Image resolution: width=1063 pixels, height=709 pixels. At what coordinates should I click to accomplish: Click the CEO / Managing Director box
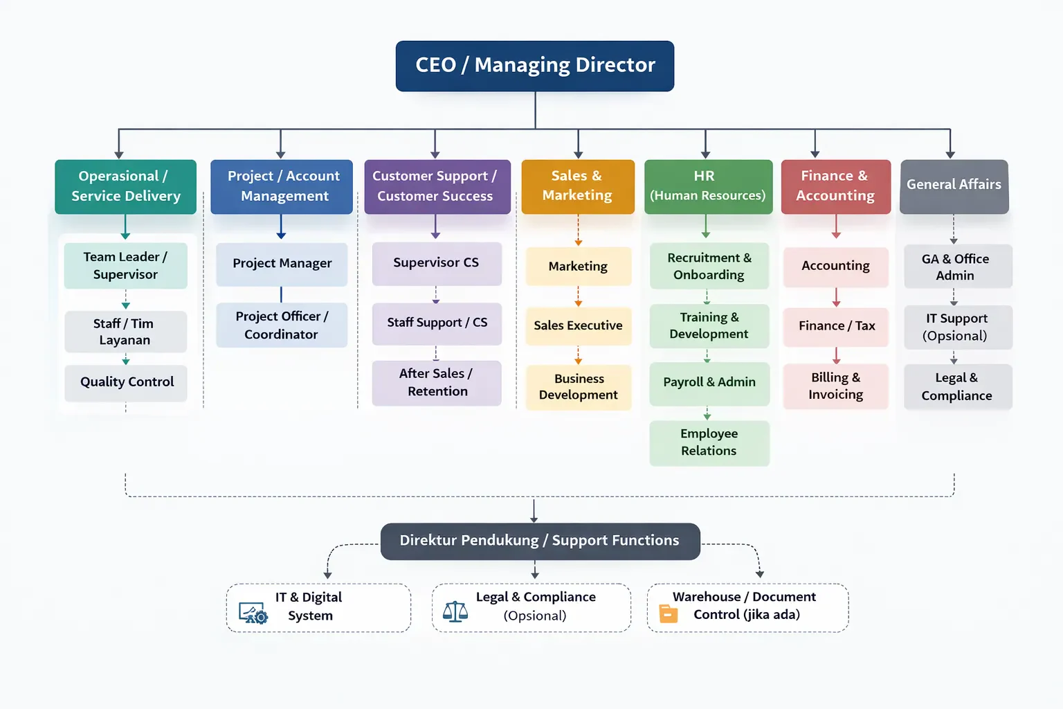tap(535, 66)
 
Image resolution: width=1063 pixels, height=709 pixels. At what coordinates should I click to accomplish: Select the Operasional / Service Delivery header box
tap(126, 187)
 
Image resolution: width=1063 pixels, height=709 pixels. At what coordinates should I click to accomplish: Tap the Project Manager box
tap(282, 264)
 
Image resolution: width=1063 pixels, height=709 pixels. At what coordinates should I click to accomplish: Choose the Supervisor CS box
tap(437, 264)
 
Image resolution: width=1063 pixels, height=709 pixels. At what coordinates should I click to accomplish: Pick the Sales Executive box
tap(579, 326)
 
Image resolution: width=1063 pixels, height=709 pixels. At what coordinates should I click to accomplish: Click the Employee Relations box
tap(709, 442)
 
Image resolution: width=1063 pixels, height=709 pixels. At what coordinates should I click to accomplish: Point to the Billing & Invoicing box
tap(836, 386)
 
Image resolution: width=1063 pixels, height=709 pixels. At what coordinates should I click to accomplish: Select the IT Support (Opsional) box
tap(958, 327)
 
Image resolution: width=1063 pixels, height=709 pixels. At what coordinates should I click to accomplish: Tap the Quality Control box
tap(126, 383)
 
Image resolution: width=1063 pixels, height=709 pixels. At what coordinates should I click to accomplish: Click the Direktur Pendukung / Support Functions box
tap(540, 541)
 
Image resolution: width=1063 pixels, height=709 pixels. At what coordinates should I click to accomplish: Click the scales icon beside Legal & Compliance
tap(455, 611)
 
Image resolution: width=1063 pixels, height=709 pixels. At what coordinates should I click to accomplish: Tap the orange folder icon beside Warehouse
tap(668, 613)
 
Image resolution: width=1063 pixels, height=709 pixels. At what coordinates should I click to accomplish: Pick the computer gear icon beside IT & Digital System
tap(253, 613)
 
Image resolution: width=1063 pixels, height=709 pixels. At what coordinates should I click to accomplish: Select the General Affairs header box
tap(954, 187)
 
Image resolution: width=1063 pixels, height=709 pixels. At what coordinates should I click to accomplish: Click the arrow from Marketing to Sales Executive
tap(578, 296)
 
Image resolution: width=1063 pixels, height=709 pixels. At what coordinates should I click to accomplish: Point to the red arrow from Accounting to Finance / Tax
tap(836, 297)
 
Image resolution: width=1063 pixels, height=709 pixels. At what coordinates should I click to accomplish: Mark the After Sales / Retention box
tap(437, 383)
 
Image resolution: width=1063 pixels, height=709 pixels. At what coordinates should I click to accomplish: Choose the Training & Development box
tap(709, 326)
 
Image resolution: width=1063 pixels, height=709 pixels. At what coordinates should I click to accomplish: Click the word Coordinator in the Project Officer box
tap(281, 334)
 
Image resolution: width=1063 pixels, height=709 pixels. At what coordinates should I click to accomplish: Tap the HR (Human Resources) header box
tap(709, 187)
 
